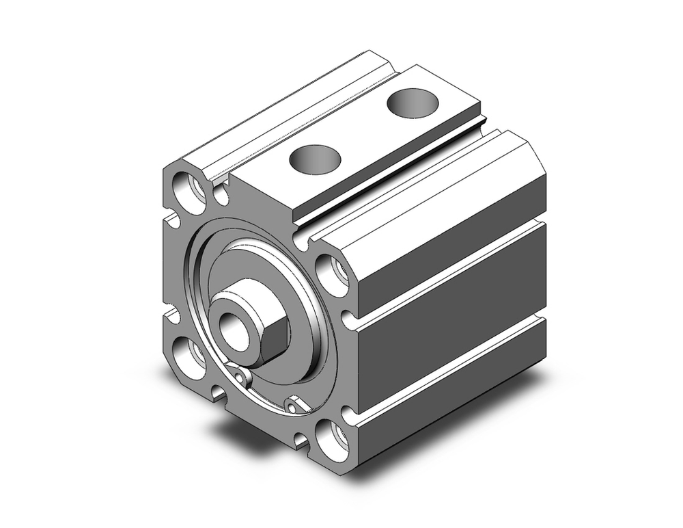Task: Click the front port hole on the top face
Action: point(314,159)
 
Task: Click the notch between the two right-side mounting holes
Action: point(347,318)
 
